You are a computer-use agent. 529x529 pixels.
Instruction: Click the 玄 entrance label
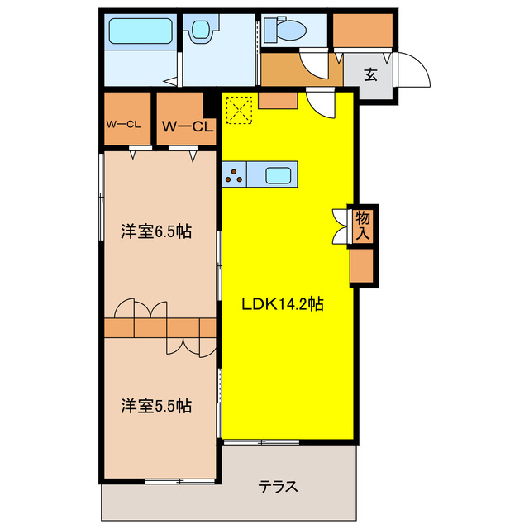click(x=371, y=75)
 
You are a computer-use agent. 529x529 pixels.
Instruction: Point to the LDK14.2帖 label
click(x=282, y=304)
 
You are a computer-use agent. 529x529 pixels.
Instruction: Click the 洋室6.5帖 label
click(x=156, y=231)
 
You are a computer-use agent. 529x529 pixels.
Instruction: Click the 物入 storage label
click(x=363, y=225)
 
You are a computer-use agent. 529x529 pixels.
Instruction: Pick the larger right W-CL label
click(x=188, y=126)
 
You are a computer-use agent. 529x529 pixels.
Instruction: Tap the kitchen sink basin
click(x=278, y=175)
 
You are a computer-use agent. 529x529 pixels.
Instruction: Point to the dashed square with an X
click(x=239, y=109)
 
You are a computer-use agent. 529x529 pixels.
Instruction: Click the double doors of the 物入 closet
click(x=340, y=226)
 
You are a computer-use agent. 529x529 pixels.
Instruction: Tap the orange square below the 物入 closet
click(x=362, y=266)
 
